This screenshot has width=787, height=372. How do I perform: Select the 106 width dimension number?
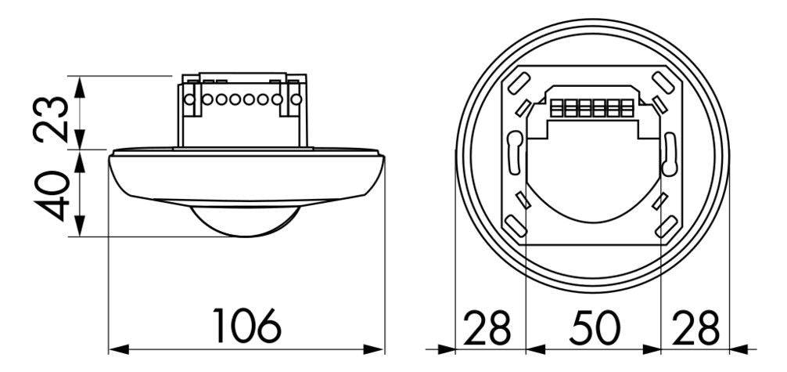[x=246, y=327]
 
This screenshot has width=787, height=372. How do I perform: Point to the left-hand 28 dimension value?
[x=489, y=328]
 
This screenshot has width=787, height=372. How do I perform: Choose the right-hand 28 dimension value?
[x=695, y=328]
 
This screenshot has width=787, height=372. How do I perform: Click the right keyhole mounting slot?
[x=668, y=153]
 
